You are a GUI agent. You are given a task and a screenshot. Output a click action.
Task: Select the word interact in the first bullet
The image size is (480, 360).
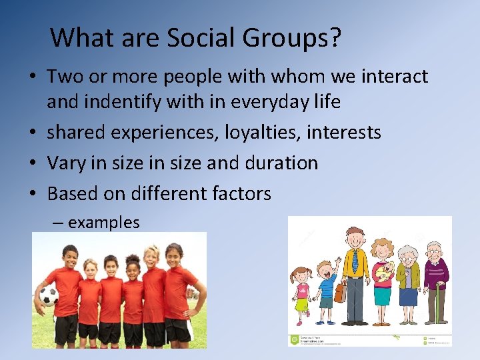click(x=394, y=77)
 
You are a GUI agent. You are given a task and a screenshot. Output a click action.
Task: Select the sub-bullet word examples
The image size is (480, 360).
click(x=103, y=223)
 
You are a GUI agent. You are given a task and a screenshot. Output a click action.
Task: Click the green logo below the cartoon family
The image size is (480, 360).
click(x=293, y=340)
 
